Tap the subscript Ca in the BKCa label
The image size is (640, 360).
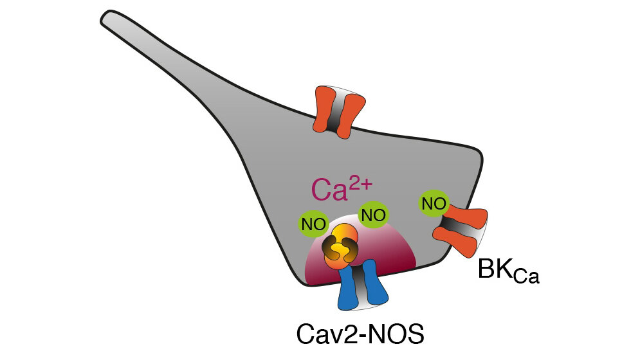tap(526, 277)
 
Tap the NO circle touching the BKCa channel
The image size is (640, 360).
tap(433, 204)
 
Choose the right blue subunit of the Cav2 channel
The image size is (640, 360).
tap(377, 283)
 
